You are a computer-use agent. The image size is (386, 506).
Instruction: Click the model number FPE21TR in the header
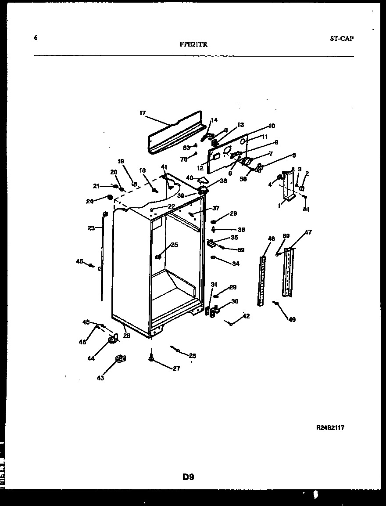point(193,44)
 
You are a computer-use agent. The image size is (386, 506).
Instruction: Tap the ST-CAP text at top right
point(342,38)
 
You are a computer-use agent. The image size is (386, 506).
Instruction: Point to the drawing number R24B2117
point(330,427)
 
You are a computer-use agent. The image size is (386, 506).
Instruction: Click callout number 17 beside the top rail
point(143,113)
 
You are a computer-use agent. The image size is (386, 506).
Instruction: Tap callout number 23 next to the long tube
point(91,228)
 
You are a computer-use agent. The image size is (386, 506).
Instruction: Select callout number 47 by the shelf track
point(308,232)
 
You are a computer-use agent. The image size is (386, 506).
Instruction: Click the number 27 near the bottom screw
point(176,369)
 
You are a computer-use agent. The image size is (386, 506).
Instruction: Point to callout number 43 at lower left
point(100,378)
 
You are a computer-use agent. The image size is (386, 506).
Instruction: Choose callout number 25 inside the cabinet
point(175,245)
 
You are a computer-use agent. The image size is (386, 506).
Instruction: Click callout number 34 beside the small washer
point(236,264)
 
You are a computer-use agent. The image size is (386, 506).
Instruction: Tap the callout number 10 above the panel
point(272,126)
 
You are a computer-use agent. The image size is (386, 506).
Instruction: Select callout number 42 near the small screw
point(246,316)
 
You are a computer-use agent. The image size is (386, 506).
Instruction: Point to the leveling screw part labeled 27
point(151,358)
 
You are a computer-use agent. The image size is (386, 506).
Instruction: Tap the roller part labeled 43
point(119,360)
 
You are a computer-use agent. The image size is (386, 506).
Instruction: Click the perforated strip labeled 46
point(262,281)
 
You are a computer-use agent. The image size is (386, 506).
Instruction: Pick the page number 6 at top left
point(36,38)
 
